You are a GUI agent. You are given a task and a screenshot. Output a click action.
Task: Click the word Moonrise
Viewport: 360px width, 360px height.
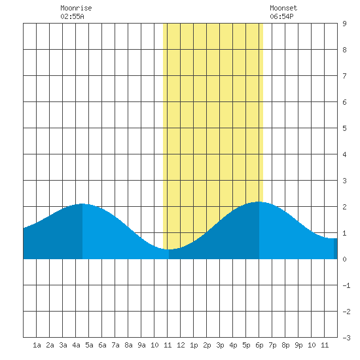(x=76, y=8)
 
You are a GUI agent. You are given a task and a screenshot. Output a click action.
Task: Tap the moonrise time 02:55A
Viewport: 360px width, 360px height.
(x=72, y=16)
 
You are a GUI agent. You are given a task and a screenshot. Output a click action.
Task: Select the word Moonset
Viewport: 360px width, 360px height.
(x=283, y=8)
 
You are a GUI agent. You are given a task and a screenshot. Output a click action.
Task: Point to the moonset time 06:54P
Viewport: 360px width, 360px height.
(x=281, y=16)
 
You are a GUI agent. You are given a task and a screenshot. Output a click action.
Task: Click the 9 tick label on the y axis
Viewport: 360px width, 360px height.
(x=344, y=24)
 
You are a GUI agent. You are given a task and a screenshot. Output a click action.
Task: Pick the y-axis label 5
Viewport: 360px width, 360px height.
(x=344, y=128)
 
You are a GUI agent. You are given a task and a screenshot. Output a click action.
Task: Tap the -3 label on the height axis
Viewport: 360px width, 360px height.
(x=346, y=338)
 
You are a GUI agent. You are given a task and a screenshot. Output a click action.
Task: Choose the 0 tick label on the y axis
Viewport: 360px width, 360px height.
(x=344, y=259)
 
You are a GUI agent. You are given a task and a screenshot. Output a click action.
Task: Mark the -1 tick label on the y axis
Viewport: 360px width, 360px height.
(x=346, y=285)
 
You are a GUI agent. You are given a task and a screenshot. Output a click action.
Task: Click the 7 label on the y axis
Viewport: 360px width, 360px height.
(x=344, y=76)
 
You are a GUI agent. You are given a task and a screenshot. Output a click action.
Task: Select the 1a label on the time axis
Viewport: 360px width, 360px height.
(x=37, y=345)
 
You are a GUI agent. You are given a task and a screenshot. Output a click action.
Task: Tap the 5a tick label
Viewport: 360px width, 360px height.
(x=89, y=345)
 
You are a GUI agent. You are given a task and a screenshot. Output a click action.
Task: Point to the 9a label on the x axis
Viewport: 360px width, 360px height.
(x=141, y=345)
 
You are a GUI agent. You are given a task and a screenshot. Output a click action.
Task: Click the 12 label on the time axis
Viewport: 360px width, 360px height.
(x=181, y=345)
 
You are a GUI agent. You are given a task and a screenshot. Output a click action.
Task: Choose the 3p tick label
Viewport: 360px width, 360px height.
(x=220, y=345)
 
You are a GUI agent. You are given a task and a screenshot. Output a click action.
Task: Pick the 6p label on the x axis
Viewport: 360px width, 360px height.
(x=259, y=345)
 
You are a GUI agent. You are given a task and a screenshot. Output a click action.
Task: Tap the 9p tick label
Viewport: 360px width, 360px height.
(x=298, y=345)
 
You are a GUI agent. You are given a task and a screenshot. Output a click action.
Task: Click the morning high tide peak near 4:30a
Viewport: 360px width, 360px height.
(x=82, y=204)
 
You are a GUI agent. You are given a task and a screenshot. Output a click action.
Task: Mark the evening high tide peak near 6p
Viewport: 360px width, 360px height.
(x=259, y=202)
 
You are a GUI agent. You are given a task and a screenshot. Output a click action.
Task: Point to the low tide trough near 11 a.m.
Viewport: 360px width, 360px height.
(x=168, y=249)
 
